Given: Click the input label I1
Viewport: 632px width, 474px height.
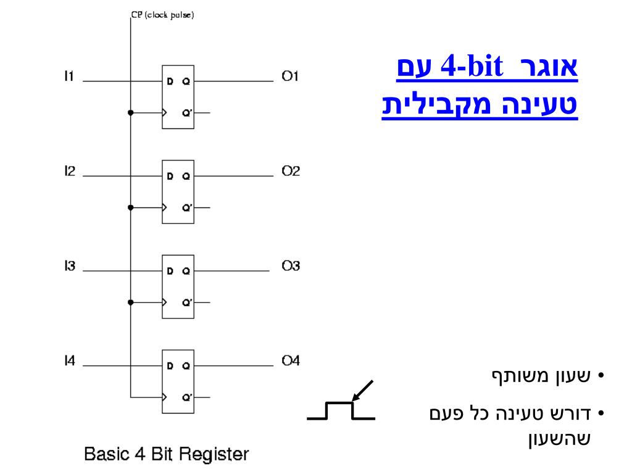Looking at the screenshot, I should [x=69, y=77].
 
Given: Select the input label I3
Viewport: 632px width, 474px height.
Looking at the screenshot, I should [x=70, y=267].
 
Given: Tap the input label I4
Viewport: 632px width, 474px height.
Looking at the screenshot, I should [x=70, y=361].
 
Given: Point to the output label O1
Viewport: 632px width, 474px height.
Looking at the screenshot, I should [x=290, y=77].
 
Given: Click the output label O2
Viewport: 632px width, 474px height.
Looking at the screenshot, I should [x=291, y=172].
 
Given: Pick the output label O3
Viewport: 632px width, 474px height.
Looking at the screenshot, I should [x=291, y=267].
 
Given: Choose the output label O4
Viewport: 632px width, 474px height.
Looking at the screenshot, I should [x=291, y=361].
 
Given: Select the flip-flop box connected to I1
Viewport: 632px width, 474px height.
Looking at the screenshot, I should [x=178, y=96].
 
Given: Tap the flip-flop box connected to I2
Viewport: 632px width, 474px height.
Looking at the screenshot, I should [x=178, y=191].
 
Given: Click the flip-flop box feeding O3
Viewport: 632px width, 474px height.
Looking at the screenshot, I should [x=178, y=286].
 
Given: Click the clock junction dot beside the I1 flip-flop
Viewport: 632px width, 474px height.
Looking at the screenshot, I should [x=130, y=113].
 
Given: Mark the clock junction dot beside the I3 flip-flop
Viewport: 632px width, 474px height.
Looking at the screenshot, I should [x=130, y=302].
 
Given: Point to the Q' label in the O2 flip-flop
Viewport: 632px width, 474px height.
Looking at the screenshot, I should [x=186, y=208].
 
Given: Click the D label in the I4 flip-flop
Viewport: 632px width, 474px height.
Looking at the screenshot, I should [x=170, y=366].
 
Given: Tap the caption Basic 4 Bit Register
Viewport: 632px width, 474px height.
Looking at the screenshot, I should [x=167, y=455].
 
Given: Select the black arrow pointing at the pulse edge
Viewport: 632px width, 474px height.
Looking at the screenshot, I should [x=363, y=391].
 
